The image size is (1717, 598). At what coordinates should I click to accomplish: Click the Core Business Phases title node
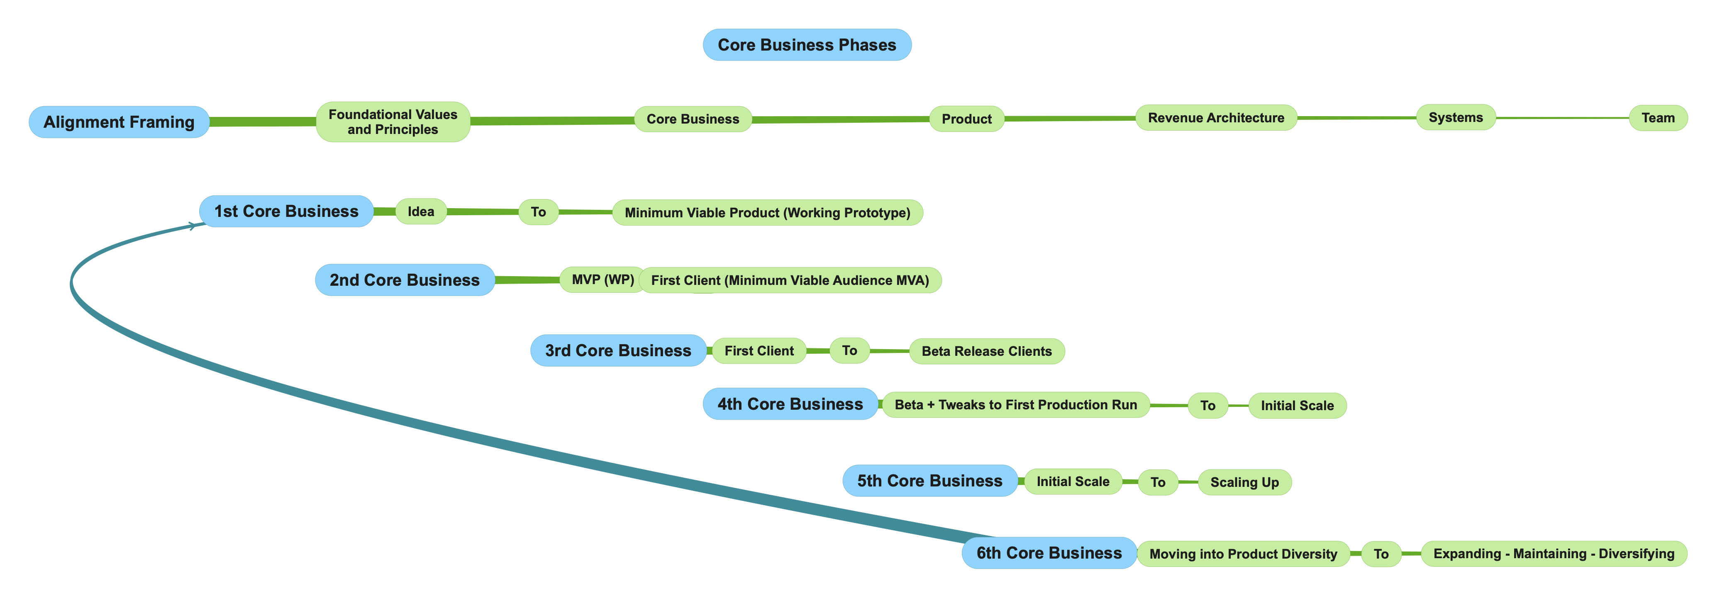[x=807, y=45]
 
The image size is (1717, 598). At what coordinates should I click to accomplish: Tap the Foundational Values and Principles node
[x=393, y=122]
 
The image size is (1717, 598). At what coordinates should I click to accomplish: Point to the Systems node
[x=1455, y=117]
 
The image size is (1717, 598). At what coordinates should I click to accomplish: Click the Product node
[x=966, y=119]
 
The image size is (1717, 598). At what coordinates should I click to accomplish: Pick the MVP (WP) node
[x=602, y=280]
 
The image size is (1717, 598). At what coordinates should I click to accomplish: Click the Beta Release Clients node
[x=986, y=351]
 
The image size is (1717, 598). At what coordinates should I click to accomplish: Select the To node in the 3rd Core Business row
[x=849, y=350]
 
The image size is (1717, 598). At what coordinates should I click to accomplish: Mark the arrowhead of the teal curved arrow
[x=195, y=226]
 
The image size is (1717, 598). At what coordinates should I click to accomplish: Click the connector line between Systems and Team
[x=1562, y=118]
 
